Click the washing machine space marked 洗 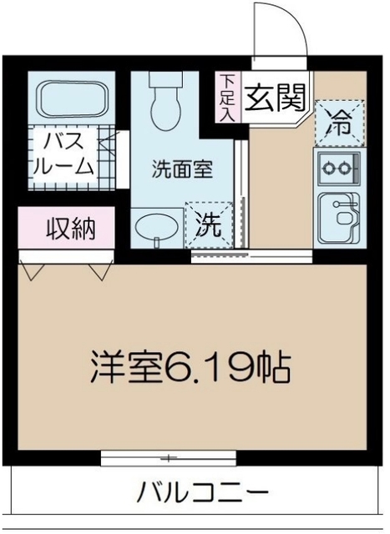210,224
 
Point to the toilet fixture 164,98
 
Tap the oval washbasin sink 156,226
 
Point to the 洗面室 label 181,168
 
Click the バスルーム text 62,153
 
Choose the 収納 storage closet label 69,227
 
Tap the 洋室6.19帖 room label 191,367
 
